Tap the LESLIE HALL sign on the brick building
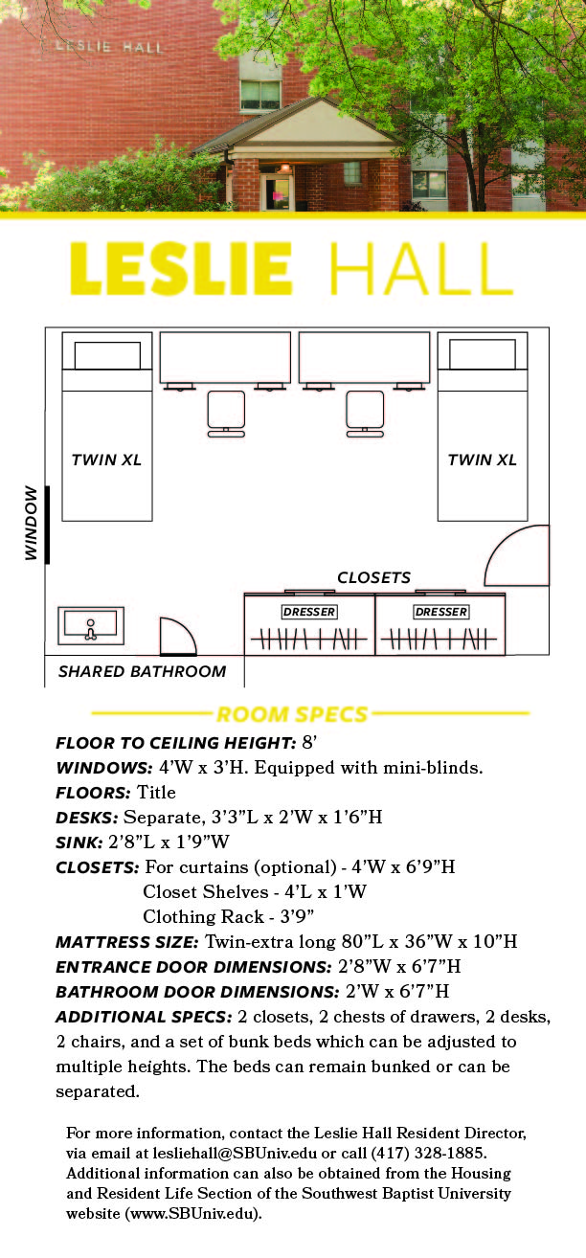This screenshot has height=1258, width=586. tap(108, 46)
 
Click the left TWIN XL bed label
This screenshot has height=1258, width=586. tap(106, 460)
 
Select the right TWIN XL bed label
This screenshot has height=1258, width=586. tap(482, 460)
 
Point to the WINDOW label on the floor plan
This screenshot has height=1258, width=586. tap(32, 524)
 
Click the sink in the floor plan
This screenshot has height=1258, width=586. tap(91, 625)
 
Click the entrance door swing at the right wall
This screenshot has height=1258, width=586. tap(518, 557)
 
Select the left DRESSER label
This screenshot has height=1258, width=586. tap(308, 611)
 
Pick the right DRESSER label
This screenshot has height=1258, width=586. tap(440, 611)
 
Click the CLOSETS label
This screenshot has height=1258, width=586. tap(373, 577)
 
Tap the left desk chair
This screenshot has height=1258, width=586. tap(226, 413)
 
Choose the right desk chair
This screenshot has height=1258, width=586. tap(365, 413)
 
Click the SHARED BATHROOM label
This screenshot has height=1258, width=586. tap(142, 671)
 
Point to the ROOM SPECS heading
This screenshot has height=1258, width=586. tap(292, 714)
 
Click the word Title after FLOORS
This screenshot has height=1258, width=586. tap(156, 792)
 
